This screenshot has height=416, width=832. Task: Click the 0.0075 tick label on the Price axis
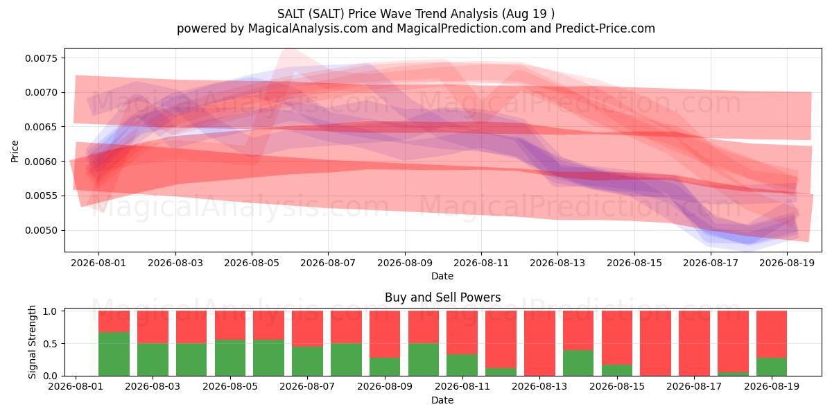41,58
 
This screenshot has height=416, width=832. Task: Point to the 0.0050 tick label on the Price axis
41,231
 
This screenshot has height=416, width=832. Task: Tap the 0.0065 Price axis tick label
41,127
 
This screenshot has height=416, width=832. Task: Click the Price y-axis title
15,151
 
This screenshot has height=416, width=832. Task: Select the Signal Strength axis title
33,342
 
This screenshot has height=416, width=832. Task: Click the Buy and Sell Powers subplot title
443,297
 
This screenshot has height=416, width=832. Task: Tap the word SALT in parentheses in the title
327,14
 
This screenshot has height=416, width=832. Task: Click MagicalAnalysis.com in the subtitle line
308,28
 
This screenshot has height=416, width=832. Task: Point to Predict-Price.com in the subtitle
605,28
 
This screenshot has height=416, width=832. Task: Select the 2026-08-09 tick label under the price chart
405,263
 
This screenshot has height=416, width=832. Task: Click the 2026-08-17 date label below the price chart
711,263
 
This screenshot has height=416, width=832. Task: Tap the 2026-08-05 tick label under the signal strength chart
230,387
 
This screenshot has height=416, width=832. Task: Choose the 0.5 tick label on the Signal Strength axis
50,344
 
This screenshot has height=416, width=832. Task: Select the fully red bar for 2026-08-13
539,344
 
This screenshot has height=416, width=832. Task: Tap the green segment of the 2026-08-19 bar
772,367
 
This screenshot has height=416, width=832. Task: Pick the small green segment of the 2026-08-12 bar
501,372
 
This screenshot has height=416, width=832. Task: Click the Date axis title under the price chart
442,277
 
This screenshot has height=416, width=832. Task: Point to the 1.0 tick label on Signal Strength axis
50,311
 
